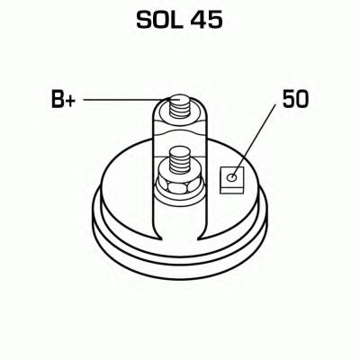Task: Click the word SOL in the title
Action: click(x=159, y=21)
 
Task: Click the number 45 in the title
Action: click(x=207, y=21)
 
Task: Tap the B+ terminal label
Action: click(x=63, y=99)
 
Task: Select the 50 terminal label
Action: click(x=295, y=99)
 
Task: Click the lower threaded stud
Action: click(x=180, y=161)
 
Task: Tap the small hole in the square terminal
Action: click(x=232, y=177)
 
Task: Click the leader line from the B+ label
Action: click(x=127, y=100)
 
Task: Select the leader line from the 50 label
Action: click(x=254, y=140)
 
